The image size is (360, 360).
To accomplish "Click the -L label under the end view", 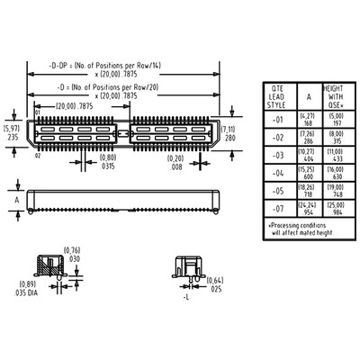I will click(185, 294).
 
